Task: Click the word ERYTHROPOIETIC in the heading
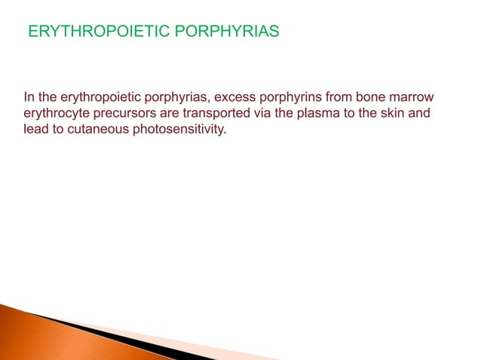[x=83, y=33]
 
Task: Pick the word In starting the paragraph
[x=29, y=97]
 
